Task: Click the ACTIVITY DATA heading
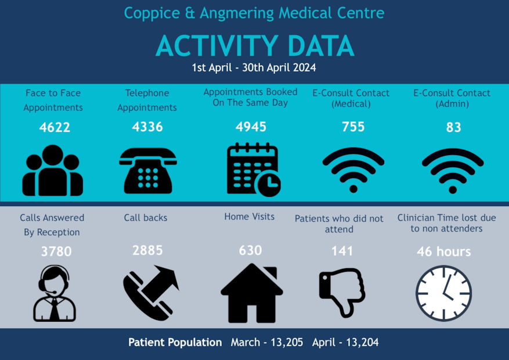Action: click(254, 46)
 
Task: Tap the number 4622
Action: click(55, 127)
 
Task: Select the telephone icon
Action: click(148, 170)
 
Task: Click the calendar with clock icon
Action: click(253, 169)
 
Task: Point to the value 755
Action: click(353, 127)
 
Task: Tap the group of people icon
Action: click(53, 170)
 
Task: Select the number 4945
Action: click(251, 127)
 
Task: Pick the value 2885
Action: click(147, 250)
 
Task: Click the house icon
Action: click(252, 293)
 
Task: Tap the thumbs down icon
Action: click(342, 291)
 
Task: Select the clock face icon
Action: click(444, 293)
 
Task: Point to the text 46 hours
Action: click(443, 252)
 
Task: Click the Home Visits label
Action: click(250, 217)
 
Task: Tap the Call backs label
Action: click(145, 218)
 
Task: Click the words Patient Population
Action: click(175, 343)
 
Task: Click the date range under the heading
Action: click(254, 68)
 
